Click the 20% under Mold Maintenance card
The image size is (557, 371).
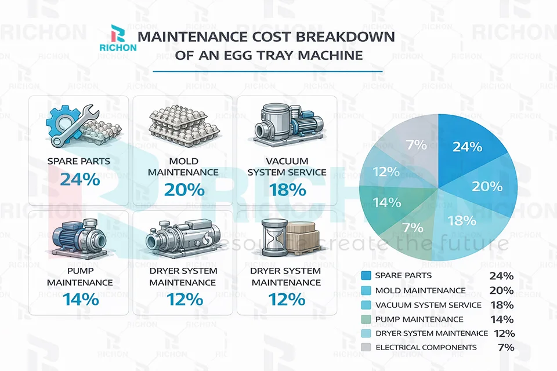coord(183,190)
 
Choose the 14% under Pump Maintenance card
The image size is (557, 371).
coord(80,300)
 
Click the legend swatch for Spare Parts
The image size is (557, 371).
coord(366,276)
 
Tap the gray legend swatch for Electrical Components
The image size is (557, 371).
coord(366,347)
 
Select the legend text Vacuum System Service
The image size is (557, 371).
coord(428,304)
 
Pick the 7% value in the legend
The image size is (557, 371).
coord(505,347)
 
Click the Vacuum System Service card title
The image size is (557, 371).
coord(287,166)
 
